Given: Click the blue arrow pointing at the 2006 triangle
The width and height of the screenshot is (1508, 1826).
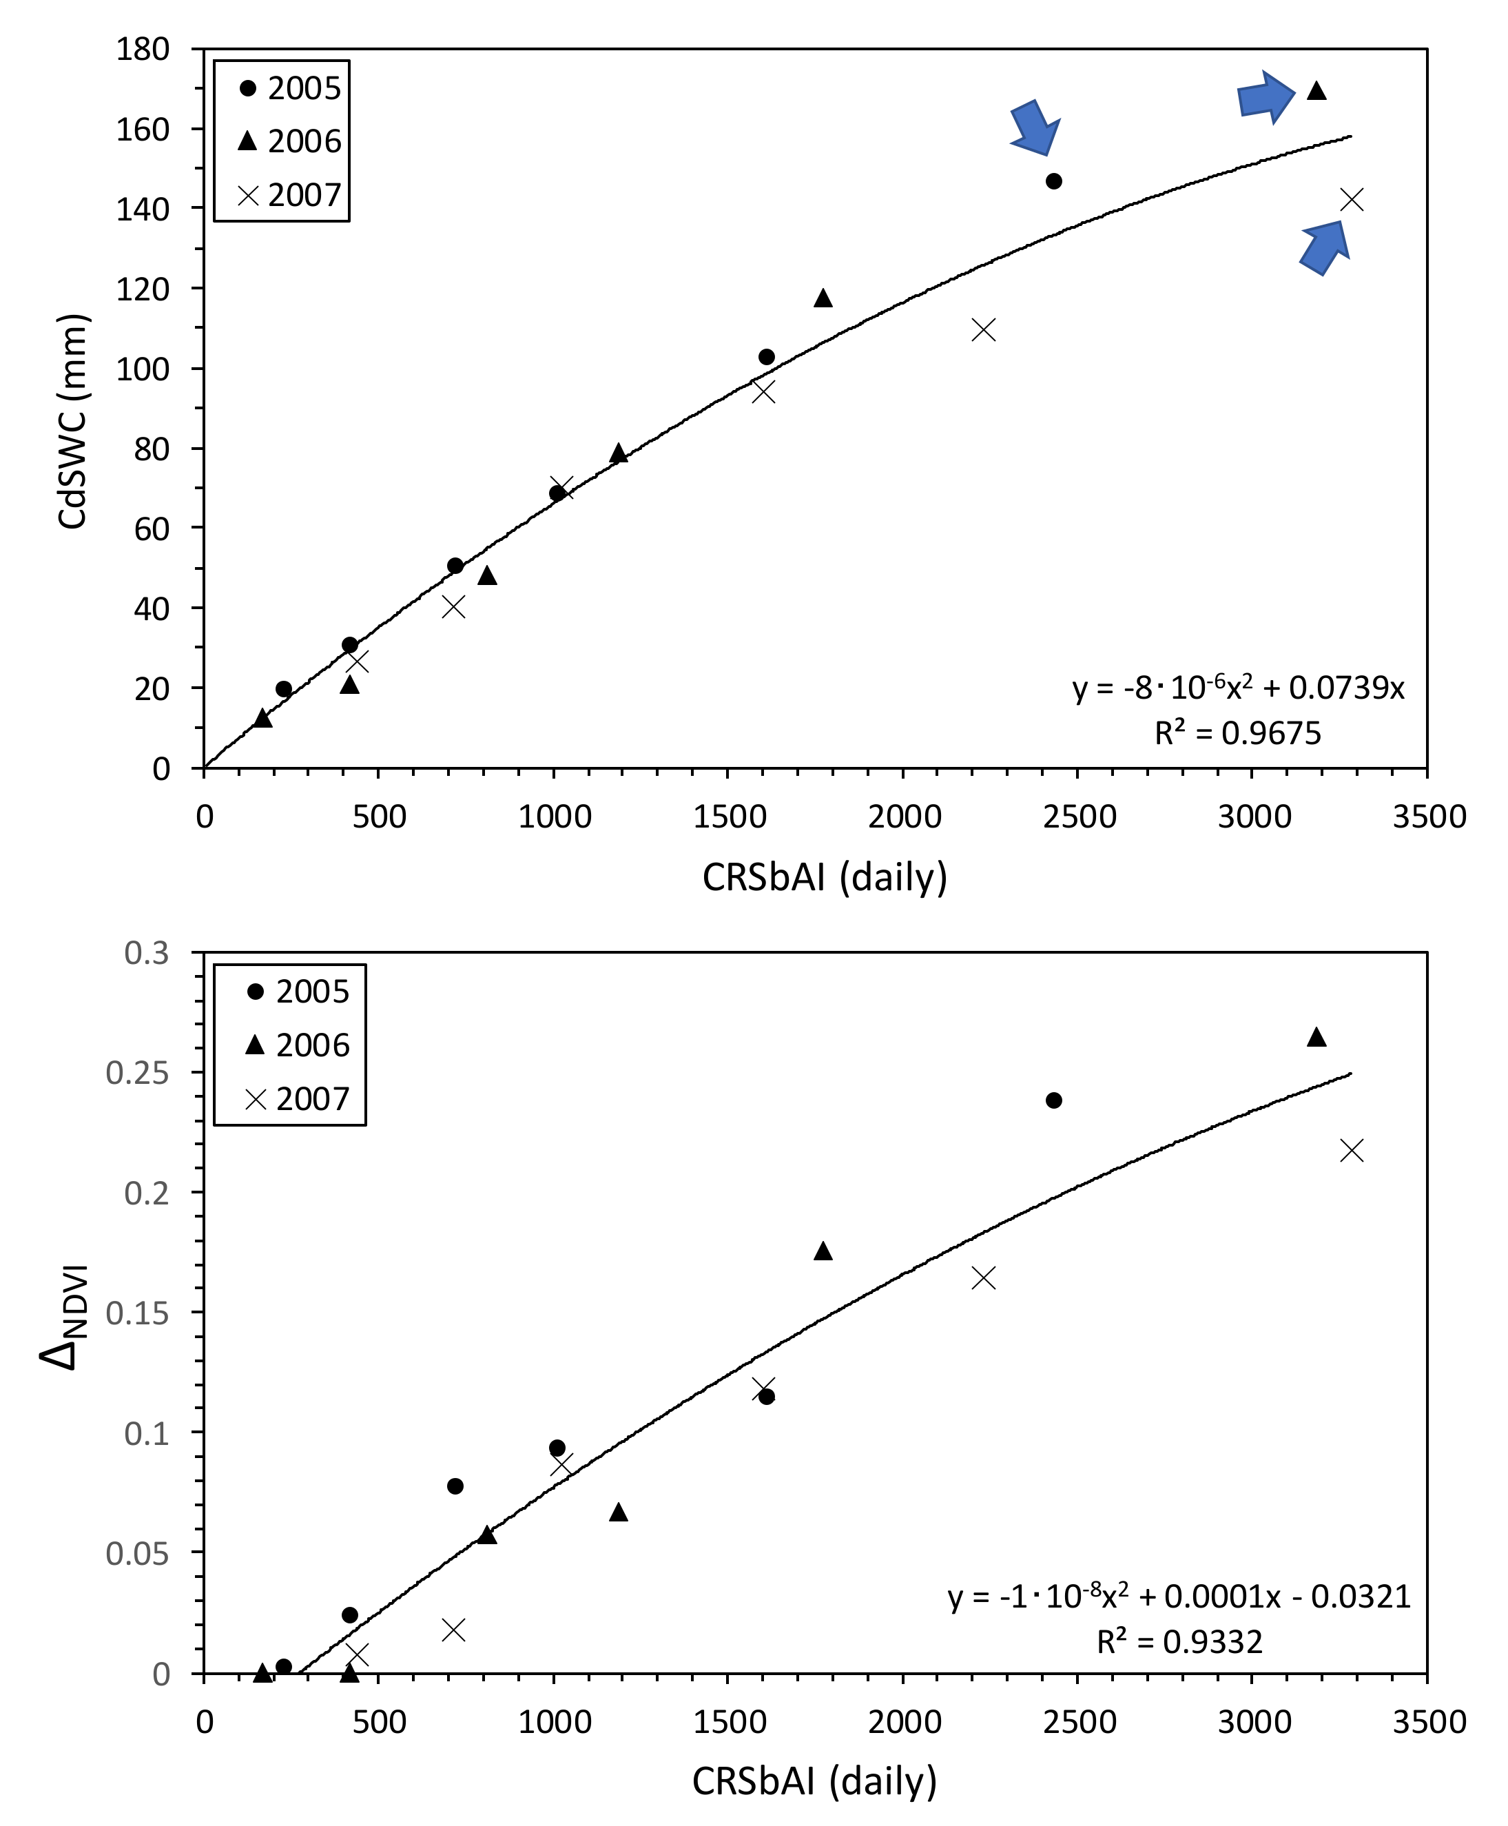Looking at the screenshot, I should (1266, 97).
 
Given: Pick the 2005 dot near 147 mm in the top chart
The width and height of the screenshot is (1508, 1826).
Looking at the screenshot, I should (1054, 181).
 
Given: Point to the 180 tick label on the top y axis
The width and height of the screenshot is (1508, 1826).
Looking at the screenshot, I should (143, 50).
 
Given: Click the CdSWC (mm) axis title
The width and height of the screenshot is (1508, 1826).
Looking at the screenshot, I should (73, 421).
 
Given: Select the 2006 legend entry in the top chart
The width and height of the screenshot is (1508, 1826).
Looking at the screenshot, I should (289, 141).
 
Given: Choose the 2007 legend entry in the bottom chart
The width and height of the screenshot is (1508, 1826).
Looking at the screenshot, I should (296, 1099).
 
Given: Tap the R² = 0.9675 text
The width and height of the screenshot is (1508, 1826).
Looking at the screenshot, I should (1237, 733).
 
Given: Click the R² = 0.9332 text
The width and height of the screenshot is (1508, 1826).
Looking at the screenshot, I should (1179, 1642).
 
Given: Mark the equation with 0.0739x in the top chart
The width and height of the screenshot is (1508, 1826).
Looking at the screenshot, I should (1238, 688).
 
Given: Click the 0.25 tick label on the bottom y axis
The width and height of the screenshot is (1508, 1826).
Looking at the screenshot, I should (137, 1072).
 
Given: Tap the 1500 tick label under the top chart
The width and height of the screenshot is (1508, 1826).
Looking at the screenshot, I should (729, 817).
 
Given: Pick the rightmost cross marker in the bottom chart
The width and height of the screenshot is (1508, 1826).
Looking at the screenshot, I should (1352, 1151).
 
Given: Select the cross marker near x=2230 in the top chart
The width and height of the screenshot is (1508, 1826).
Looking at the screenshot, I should (983, 330).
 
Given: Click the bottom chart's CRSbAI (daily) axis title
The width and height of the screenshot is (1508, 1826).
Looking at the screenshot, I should (814, 1781).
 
